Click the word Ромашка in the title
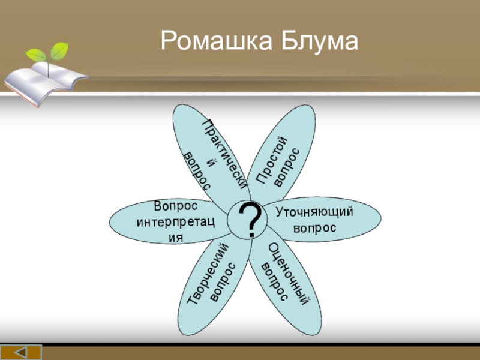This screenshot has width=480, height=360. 216,41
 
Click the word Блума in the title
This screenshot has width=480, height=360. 319,40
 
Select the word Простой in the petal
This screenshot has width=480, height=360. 272,160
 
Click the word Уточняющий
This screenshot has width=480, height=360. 314,212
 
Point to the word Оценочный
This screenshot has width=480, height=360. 288,274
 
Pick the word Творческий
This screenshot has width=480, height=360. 208,274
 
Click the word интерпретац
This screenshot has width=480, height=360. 175,221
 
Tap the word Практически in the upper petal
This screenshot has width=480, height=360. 224,154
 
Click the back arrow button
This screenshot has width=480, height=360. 21,352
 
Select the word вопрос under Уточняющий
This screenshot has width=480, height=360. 314,229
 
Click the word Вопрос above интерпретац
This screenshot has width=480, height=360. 175,206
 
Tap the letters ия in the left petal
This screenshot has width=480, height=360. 176,238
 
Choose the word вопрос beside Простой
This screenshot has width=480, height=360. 287,167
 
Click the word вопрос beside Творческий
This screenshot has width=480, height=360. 223,282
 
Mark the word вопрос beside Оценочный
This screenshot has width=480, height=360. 274,281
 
